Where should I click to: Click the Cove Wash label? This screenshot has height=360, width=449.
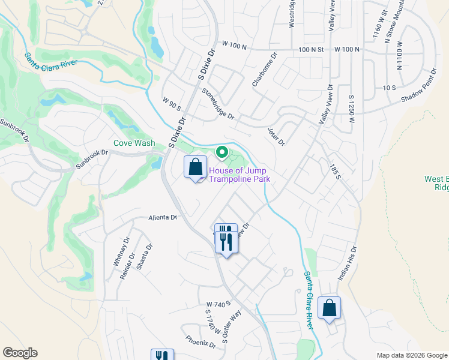[x=134, y=143]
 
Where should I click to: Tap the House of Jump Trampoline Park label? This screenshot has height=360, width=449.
[x=240, y=175]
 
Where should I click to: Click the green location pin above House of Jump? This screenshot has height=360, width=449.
[x=222, y=154]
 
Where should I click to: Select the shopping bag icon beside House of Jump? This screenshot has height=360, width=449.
[x=195, y=167]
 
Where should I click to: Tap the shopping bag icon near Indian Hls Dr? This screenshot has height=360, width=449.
[x=330, y=308]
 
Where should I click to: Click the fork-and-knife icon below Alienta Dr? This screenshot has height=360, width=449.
[x=226, y=239]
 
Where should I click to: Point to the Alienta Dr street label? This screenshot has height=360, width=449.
[x=163, y=218]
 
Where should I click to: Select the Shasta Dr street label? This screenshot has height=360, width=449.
[x=145, y=257]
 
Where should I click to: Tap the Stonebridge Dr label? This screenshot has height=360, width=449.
[x=217, y=104]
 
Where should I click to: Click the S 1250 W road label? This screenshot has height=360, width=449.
[x=351, y=111]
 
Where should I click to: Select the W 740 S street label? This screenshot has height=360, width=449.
[x=218, y=304]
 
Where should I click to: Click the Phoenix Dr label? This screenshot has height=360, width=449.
[x=200, y=341]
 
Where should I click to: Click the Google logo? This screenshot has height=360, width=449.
[x=20, y=353]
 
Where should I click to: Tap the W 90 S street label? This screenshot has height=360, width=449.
[x=171, y=106]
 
